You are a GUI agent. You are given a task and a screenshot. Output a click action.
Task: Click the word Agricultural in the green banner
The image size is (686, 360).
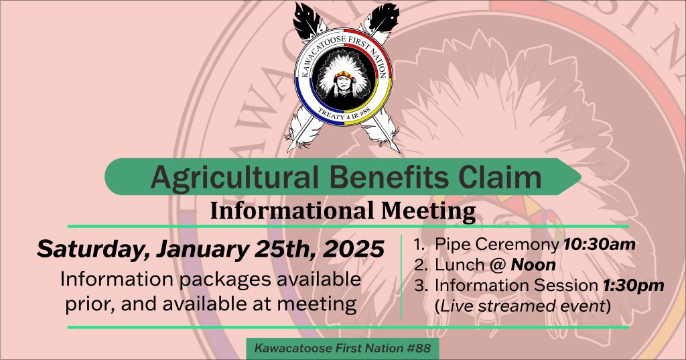pos(234,178)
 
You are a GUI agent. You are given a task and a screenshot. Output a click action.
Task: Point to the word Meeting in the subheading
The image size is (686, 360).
pos(428,212)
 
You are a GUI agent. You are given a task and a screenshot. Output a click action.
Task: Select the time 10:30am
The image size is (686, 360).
pos(599,245)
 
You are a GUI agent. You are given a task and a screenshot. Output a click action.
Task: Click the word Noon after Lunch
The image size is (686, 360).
pos(533,265)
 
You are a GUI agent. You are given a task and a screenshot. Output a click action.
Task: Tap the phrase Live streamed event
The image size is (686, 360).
pos(523,306)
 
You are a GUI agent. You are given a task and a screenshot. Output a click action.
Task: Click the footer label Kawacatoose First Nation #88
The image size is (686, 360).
pos(342,348)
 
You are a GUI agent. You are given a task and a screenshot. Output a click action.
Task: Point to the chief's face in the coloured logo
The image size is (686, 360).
pos(343,81)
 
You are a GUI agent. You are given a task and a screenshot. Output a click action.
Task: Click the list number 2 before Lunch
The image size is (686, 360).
pos(421,265)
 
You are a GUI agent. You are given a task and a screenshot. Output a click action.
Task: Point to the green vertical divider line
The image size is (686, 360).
pos(401,276)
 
